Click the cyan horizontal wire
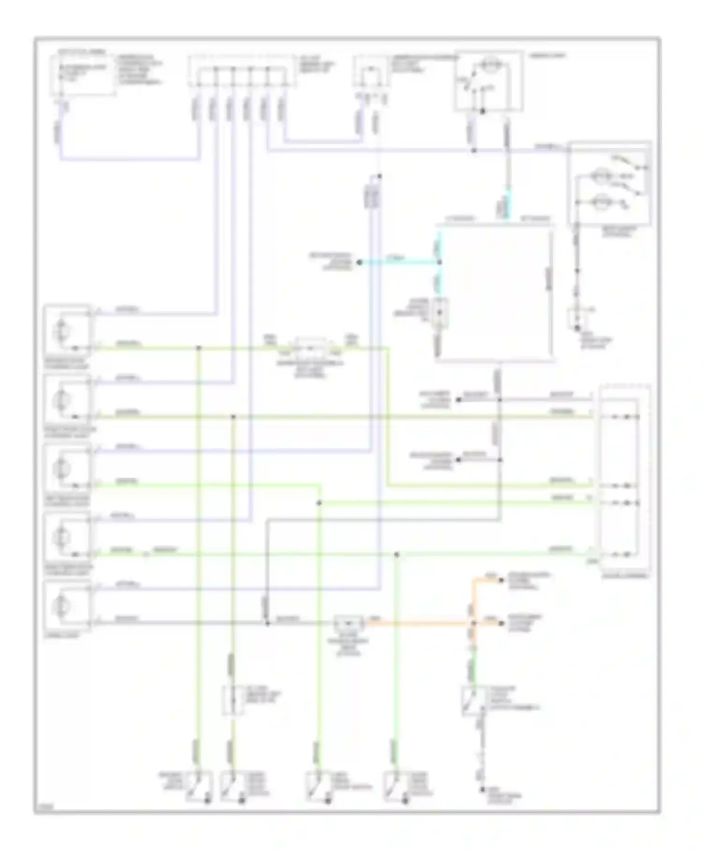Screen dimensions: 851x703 [398, 263]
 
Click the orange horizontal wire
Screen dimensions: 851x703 [417, 623]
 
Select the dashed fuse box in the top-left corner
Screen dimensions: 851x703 [83, 75]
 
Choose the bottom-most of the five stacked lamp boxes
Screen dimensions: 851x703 [67, 606]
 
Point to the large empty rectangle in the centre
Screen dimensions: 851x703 [494, 295]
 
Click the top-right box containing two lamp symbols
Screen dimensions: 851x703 [609, 184]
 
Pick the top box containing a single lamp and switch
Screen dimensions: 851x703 [488, 81]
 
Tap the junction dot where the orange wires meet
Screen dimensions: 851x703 [473, 623]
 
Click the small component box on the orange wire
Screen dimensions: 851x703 [349, 623]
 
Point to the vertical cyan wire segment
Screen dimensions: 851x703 [508, 204]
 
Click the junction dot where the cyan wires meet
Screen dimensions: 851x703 [439, 263]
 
